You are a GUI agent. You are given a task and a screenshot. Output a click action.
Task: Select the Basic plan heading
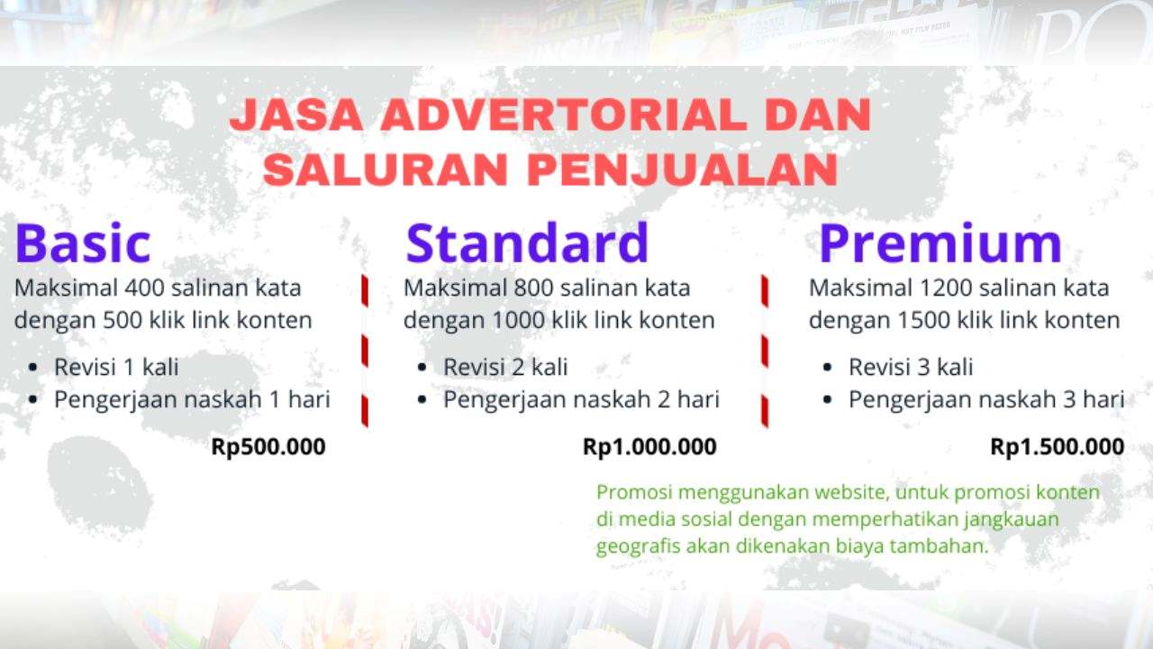click(83, 243)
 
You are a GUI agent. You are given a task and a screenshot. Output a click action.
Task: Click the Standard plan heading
click(527, 242)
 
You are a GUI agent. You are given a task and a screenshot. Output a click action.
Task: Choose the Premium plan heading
click(940, 243)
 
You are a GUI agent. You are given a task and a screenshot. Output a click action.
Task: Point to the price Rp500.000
click(268, 447)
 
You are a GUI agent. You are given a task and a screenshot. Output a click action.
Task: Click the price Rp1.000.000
click(649, 447)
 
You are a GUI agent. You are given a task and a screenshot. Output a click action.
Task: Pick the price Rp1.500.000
click(1057, 447)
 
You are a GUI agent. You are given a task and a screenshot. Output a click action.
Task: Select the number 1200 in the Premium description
click(946, 289)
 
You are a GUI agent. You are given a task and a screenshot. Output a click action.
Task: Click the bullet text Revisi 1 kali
click(116, 368)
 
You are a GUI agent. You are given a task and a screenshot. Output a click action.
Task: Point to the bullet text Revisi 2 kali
click(505, 368)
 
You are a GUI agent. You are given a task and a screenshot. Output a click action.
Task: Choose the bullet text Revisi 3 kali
click(911, 368)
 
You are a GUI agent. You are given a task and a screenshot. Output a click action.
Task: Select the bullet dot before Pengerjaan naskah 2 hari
click(422, 400)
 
